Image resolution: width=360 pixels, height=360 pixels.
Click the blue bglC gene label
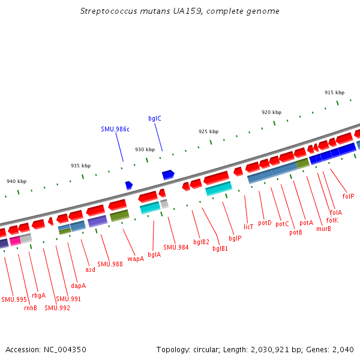point(155,118)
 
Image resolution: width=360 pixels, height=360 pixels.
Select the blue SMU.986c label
point(115,129)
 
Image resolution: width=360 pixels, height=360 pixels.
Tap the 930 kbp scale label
point(145,149)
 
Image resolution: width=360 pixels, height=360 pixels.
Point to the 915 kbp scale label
point(334,92)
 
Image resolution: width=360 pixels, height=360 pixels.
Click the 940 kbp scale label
point(17,181)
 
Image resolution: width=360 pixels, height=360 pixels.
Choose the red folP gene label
point(348,196)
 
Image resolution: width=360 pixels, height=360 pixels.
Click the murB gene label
point(323,229)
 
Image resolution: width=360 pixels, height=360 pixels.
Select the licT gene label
point(248,227)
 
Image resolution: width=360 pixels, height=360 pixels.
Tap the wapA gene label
point(136,259)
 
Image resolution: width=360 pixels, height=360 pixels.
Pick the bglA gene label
point(154,254)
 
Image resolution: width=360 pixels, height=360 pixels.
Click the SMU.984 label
point(176,247)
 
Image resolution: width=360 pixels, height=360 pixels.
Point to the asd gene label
point(90,269)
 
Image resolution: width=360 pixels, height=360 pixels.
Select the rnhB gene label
point(31,308)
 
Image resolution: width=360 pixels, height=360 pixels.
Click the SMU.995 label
point(14,299)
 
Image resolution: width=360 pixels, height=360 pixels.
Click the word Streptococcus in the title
point(106,11)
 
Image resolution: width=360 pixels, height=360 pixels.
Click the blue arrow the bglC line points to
point(168,175)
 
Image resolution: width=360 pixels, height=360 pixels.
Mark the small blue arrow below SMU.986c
point(128,185)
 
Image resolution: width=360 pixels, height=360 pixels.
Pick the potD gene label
point(265,223)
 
